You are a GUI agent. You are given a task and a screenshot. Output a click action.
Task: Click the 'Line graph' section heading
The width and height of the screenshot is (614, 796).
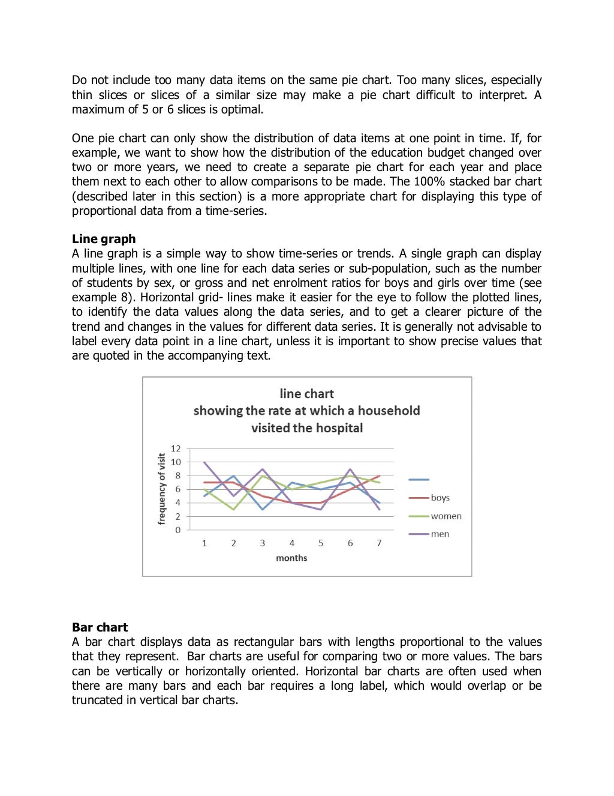pos(104,239)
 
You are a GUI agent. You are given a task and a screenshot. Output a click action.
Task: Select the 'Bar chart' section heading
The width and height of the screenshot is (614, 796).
pos(100,627)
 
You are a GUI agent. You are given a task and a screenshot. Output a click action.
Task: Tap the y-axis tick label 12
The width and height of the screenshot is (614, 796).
pos(176,448)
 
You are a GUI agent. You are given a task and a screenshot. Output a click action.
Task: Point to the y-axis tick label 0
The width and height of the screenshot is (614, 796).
pos(177,530)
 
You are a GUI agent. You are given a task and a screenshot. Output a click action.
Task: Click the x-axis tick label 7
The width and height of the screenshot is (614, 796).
pos(379,543)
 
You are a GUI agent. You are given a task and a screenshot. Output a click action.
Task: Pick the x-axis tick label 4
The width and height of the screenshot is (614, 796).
pos(292,543)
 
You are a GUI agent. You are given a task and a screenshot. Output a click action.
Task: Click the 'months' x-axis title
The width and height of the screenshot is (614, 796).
pos(291,558)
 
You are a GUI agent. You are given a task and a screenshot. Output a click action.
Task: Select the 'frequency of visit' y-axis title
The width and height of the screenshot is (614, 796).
pos(161,489)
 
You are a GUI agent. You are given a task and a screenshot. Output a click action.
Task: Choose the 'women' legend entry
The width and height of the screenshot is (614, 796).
pos(446,516)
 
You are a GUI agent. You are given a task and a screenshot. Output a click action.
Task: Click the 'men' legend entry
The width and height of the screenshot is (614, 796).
pos(440,534)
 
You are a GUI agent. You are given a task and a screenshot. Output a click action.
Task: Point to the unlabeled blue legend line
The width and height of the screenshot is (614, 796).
pos(419,480)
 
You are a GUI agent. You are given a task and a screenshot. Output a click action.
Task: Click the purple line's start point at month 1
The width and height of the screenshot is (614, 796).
pos(204,462)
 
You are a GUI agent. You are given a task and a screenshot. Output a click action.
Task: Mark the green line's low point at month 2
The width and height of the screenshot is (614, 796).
pos(234,510)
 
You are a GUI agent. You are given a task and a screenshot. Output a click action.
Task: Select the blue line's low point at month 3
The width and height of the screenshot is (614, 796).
pos(263,510)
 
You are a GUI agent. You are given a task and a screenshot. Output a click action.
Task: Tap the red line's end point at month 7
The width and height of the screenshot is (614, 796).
pos(379,475)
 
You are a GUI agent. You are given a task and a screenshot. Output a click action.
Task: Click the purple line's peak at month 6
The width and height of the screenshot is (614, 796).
pos(350,469)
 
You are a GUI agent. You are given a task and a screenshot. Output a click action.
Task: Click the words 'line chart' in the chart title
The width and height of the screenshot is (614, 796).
pos(306,394)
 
